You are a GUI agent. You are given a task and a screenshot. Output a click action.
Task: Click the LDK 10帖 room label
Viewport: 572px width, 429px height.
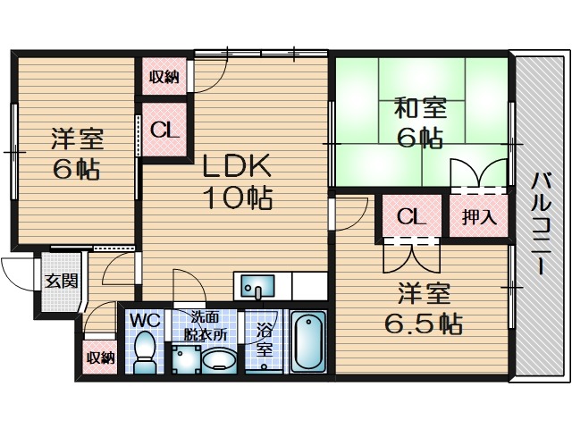pyautogui.click(x=236, y=181)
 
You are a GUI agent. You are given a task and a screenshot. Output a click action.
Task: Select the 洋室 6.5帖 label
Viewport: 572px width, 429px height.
pyautogui.click(x=424, y=308)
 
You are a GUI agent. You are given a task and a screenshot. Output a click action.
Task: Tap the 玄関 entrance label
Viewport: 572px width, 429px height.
pyautogui.click(x=61, y=281)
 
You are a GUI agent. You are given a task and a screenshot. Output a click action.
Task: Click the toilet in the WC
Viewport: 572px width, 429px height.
pyautogui.click(x=143, y=350)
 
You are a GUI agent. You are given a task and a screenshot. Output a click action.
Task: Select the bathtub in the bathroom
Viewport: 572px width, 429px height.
pyautogui.click(x=308, y=342)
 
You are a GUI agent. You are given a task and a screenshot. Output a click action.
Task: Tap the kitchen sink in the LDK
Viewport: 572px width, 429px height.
pyautogui.click(x=259, y=289)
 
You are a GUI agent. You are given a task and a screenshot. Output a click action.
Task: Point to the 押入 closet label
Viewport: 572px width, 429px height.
pyautogui.click(x=474, y=216)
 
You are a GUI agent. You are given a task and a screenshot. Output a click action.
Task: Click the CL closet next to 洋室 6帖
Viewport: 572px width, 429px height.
pyautogui.click(x=164, y=130)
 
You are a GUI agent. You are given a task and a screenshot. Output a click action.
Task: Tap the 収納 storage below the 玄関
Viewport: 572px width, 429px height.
pyautogui.click(x=100, y=358)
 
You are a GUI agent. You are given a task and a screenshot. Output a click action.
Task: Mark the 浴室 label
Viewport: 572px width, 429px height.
pyautogui.click(x=265, y=339)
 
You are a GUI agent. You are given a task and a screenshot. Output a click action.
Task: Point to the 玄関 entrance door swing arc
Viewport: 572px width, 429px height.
pyautogui.click(x=16, y=268)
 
